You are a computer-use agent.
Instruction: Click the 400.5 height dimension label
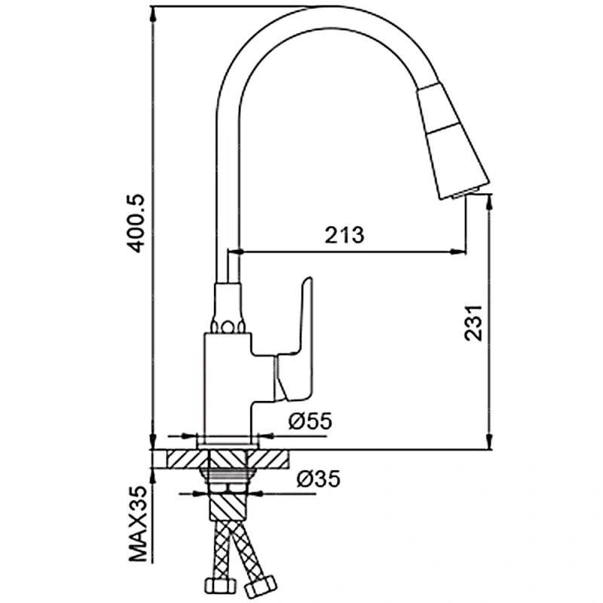point(136,223)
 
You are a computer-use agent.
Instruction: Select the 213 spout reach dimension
point(344,235)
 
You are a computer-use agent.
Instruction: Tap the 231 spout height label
point(473,323)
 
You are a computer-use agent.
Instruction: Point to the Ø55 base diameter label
point(310,421)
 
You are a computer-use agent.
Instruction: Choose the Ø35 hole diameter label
point(318,479)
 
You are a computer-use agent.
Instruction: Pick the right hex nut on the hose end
point(260,587)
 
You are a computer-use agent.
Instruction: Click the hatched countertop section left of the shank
point(186,459)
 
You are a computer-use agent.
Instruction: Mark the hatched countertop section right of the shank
point(268,459)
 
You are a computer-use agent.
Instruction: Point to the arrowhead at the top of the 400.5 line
point(153,14)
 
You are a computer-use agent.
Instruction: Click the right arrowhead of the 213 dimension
point(458,252)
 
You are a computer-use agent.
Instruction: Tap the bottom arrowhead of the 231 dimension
point(489,442)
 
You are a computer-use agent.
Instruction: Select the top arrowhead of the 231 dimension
point(489,202)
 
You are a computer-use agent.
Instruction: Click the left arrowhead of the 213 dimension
point(236,252)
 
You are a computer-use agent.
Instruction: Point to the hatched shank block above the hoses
point(228,507)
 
